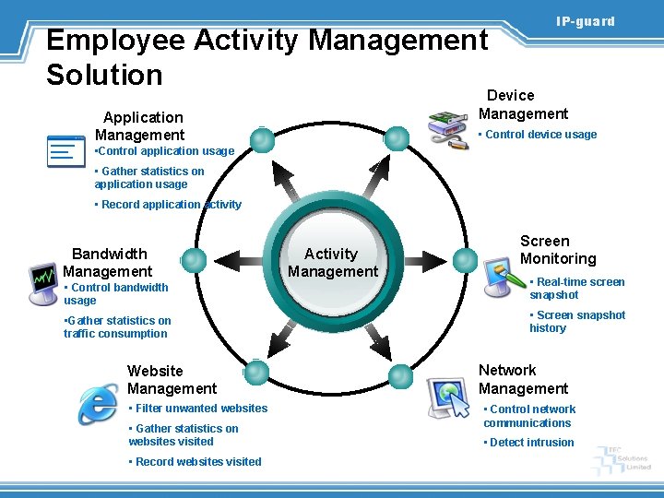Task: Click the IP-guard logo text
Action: point(585,21)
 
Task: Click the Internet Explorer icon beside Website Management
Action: point(98,404)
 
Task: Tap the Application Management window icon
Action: point(66,150)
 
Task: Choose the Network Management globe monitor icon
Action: point(451,397)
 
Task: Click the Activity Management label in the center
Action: point(332,262)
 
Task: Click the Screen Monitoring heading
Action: point(557,250)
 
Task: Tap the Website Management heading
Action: point(172,379)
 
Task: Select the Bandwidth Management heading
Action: point(108,262)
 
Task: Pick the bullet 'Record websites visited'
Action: point(197,462)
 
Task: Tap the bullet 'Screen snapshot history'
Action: point(576,321)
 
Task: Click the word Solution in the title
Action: point(104,74)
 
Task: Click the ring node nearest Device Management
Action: point(397,139)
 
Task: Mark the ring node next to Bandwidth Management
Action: point(194,261)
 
